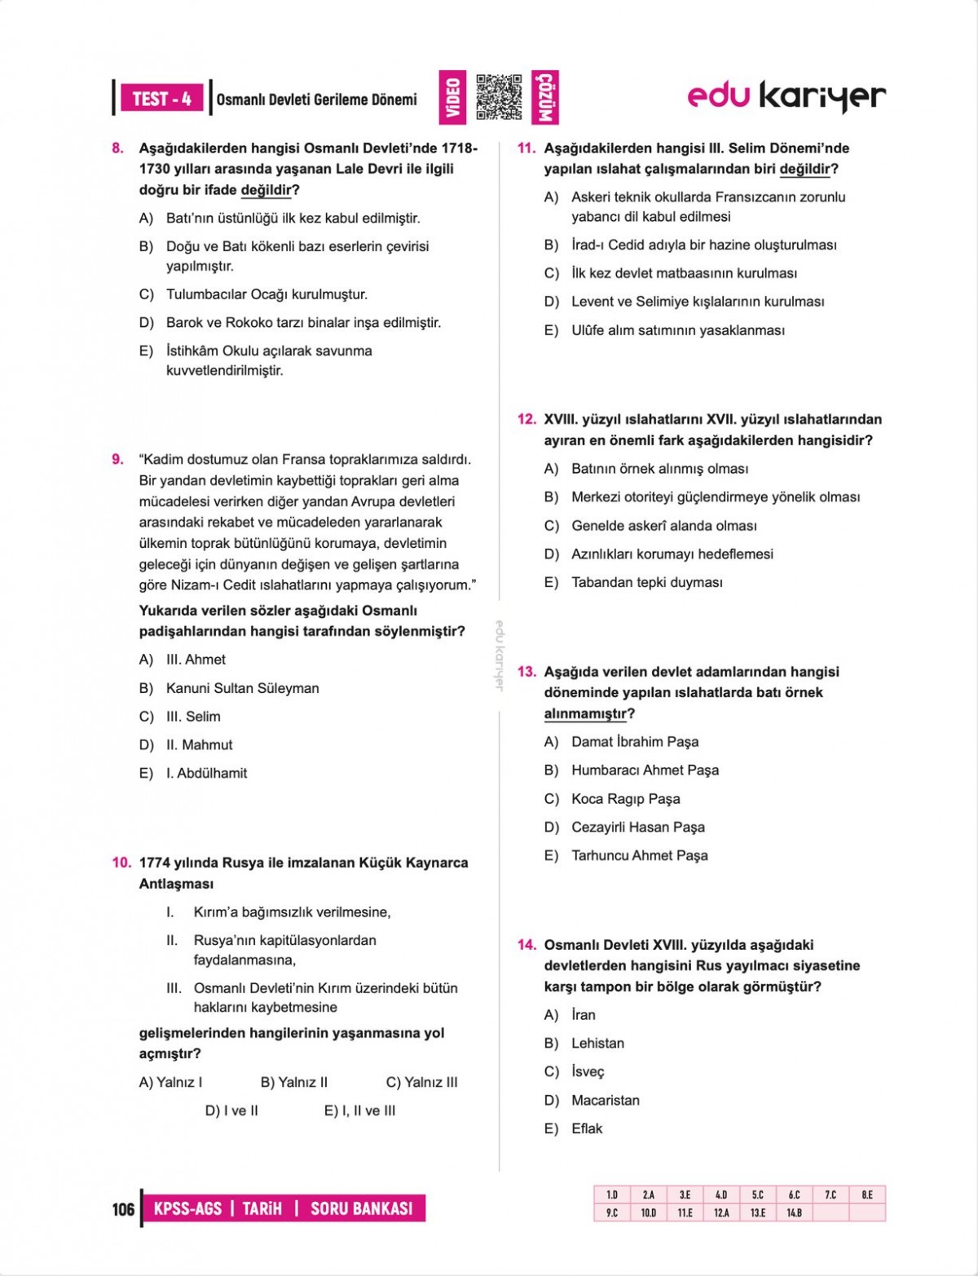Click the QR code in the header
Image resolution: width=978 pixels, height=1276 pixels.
(498, 97)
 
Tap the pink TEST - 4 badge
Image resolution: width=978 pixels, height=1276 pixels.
(161, 99)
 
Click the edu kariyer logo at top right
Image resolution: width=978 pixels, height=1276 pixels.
(786, 96)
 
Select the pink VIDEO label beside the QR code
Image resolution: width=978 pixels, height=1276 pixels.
(453, 97)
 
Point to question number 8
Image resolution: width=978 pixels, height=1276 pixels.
(118, 148)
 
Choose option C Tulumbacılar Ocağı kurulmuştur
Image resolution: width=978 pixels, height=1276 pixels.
(267, 294)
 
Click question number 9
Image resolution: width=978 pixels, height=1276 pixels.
(118, 459)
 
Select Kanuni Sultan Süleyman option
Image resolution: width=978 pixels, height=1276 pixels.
(242, 688)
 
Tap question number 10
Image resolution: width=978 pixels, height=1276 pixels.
(121, 863)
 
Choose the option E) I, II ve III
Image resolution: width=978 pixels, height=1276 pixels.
(359, 1110)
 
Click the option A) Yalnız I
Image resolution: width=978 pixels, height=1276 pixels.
(170, 1082)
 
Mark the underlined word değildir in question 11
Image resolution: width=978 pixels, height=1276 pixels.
(804, 170)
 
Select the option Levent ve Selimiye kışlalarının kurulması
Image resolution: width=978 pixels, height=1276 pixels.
(697, 302)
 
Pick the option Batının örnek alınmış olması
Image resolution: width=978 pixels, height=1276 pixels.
(659, 469)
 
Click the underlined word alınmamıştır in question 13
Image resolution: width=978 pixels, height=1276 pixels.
(585, 713)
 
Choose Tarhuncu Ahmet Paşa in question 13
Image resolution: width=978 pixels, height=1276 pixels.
(639, 855)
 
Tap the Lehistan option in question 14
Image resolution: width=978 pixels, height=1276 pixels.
(597, 1043)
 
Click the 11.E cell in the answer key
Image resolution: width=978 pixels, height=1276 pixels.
(685, 1212)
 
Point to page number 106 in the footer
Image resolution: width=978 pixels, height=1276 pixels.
(123, 1208)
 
